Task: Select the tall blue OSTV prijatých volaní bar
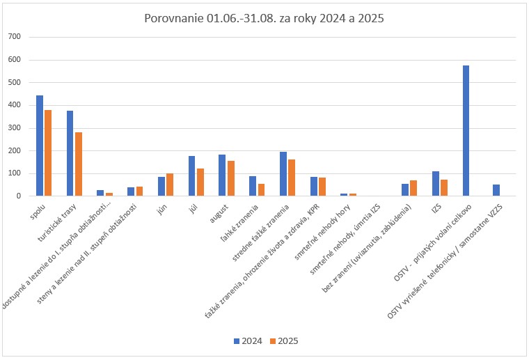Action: [466, 131]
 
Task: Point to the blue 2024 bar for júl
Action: [191, 176]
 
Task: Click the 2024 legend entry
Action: [247, 341]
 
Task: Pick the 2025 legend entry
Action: [283, 341]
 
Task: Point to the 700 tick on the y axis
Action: [15, 37]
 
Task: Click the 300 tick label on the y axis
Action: [15, 128]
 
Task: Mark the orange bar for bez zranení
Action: [413, 188]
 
